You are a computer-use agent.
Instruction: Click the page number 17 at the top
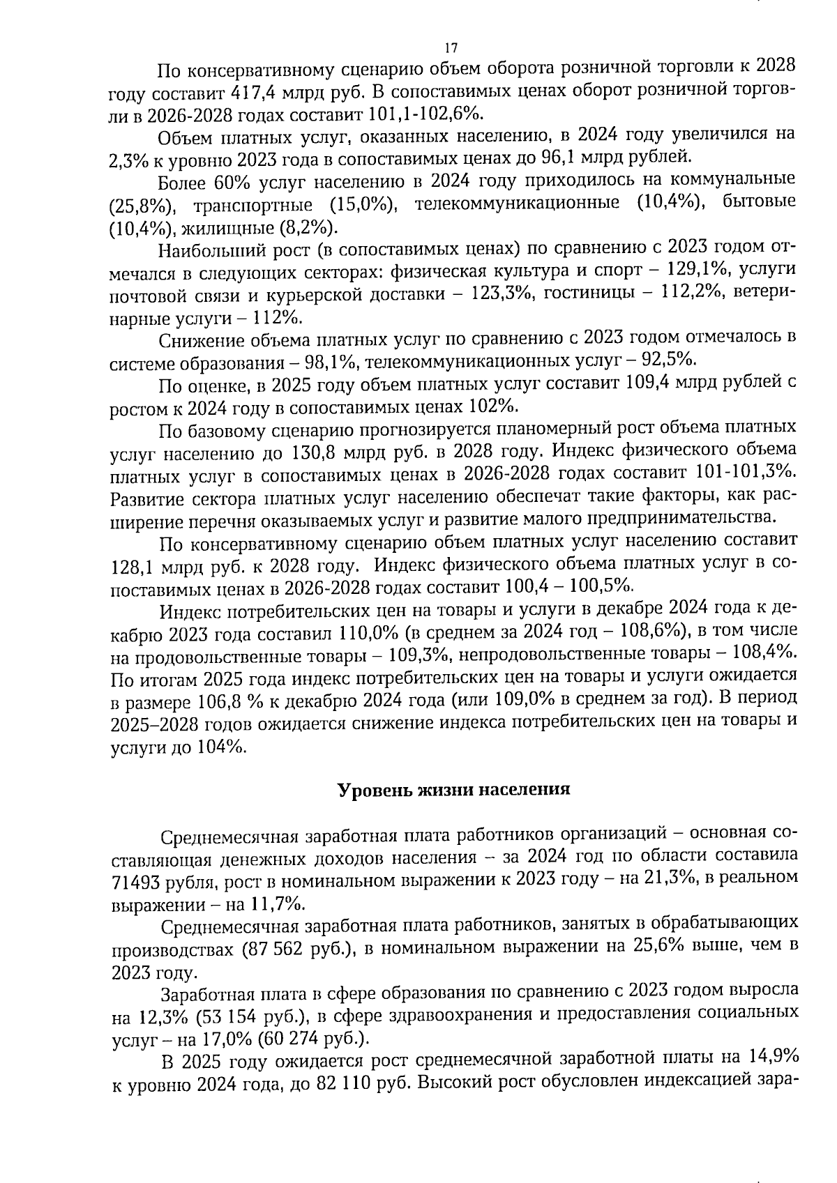click(451, 47)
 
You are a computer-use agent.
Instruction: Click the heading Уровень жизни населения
click(454, 790)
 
